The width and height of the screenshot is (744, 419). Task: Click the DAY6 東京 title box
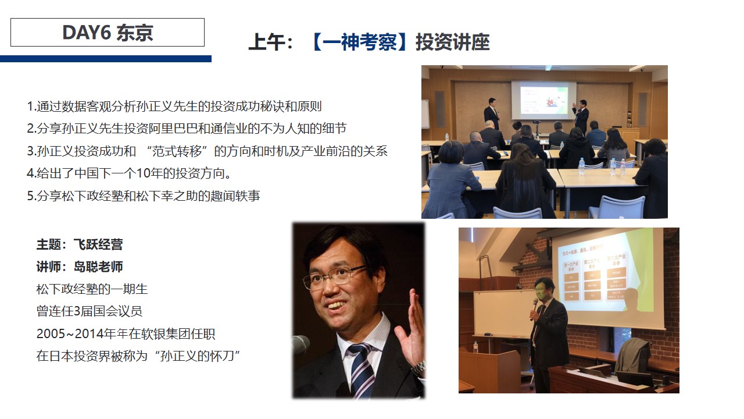[x=108, y=32]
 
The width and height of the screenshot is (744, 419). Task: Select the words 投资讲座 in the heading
[x=453, y=42]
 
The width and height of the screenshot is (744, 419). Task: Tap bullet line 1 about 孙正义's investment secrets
[x=174, y=106]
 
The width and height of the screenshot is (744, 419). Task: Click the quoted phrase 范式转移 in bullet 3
[x=177, y=151]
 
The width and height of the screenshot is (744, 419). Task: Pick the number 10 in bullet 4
[x=144, y=173]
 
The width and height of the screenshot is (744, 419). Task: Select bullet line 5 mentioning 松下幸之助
[x=144, y=196]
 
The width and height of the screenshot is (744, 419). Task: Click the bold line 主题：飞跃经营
[x=80, y=244]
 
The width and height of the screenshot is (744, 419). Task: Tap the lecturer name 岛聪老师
[x=98, y=267]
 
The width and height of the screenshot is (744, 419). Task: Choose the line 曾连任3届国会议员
[x=90, y=311]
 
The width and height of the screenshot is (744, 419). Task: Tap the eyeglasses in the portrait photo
[x=335, y=278]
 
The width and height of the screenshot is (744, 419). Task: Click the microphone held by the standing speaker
[x=534, y=308]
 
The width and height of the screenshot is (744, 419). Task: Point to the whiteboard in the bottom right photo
[x=502, y=314]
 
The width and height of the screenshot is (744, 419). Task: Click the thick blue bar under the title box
[x=106, y=59]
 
